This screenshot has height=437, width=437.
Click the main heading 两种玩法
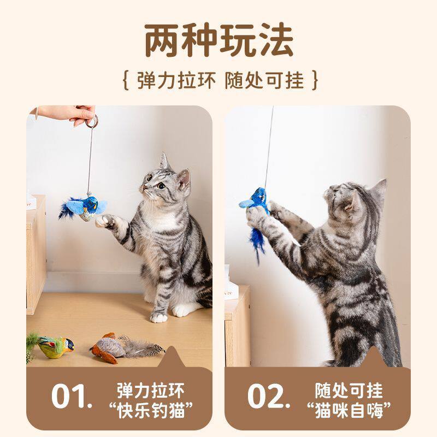(x=219, y=40)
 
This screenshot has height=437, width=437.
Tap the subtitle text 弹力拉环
(x=176, y=80)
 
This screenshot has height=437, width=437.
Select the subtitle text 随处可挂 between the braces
(x=264, y=80)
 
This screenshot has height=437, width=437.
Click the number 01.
(x=72, y=396)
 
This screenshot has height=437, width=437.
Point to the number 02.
(x=269, y=396)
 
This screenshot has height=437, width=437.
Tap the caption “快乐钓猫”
(x=151, y=410)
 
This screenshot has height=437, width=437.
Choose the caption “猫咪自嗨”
(x=349, y=410)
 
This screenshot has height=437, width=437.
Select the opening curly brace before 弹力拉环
(x=126, y=80)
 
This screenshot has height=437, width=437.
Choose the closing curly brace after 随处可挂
(x=315, y=80)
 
